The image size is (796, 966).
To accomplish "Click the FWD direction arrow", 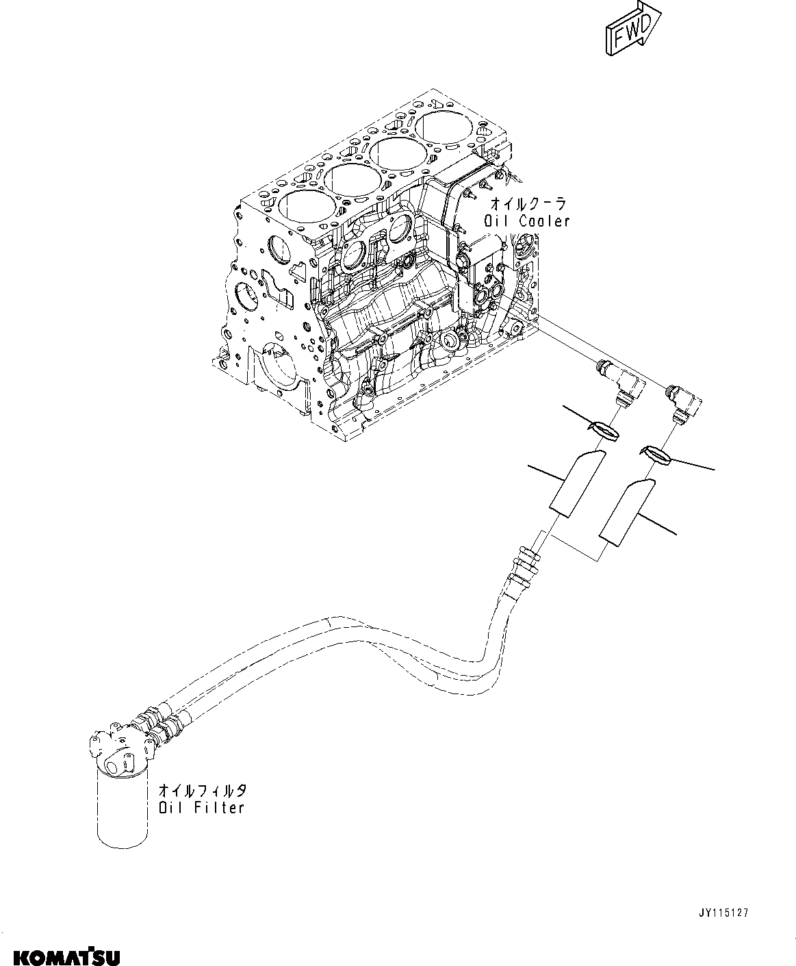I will (x=630, y=29).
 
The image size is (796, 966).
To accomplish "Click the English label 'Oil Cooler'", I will (x=526, y=221).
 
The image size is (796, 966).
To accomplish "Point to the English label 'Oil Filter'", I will (x=201, y=808).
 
